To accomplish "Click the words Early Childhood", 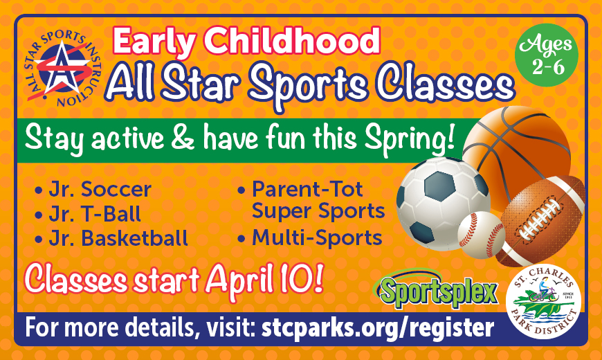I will [x=246, y=42].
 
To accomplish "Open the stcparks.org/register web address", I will [x=378, y=328].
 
